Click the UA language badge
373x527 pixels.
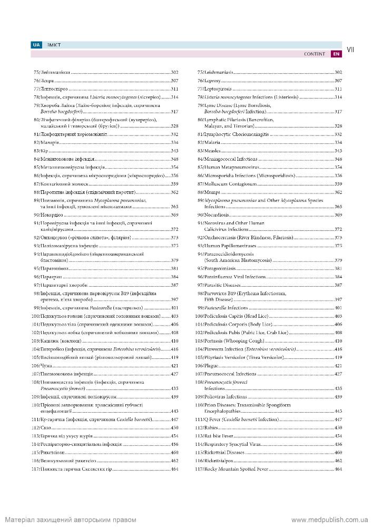click(x=36, y=45)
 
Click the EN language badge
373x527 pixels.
click(x=336, y=54)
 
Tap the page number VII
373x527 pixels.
click(x=351, y=49)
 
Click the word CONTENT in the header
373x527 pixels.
click(x=315, y=54)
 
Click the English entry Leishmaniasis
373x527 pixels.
click(x=214, y=72)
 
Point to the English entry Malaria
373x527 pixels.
click(x=209, y=142)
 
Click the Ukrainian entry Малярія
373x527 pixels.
click(x=43, y=142)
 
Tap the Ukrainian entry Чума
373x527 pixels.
click(x=39, y=365)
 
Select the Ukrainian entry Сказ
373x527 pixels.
click(x=40, y=427)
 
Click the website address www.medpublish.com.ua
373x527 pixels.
click(x=329, y=520)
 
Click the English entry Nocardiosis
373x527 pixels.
click(x=213, y=214)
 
